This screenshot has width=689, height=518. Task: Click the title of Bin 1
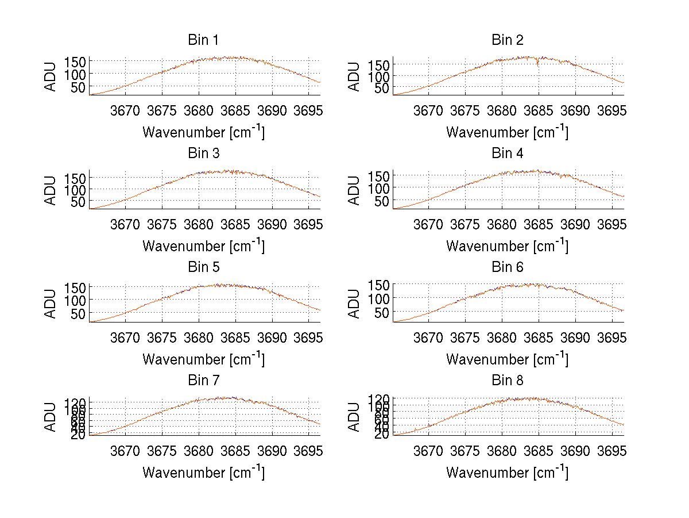tap(203, 40)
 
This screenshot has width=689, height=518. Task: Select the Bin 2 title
tap(507, 40)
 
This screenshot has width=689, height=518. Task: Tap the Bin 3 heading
tap(203, 154)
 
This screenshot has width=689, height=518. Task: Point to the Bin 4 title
tap(507, 154)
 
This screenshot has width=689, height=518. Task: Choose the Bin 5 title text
tap(203, 267)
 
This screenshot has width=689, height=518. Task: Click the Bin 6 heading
tap(507, 267)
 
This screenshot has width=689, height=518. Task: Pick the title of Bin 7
tap(203, 381)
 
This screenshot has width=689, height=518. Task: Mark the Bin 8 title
tap(507, 381)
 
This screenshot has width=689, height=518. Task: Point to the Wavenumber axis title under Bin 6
tap(507, 359)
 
